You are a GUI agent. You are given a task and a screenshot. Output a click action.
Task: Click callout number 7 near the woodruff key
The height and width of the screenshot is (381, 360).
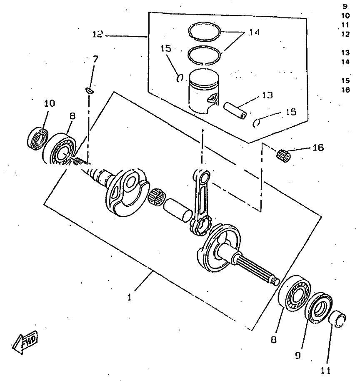(95, 59)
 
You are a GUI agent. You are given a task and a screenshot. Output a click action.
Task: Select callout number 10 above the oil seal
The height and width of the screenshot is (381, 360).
(49, 103)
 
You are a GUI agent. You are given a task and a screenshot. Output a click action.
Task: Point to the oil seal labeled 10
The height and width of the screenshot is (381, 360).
(37, 136)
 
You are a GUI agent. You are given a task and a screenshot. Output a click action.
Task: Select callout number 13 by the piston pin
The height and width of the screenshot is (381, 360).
(268, 95)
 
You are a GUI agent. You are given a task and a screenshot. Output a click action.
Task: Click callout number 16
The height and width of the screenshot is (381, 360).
(318, 148)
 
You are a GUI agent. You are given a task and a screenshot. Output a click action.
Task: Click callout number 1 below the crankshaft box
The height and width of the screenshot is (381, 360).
(130, 298)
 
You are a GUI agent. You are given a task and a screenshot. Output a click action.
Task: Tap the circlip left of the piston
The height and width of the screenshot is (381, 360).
(180, 77)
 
